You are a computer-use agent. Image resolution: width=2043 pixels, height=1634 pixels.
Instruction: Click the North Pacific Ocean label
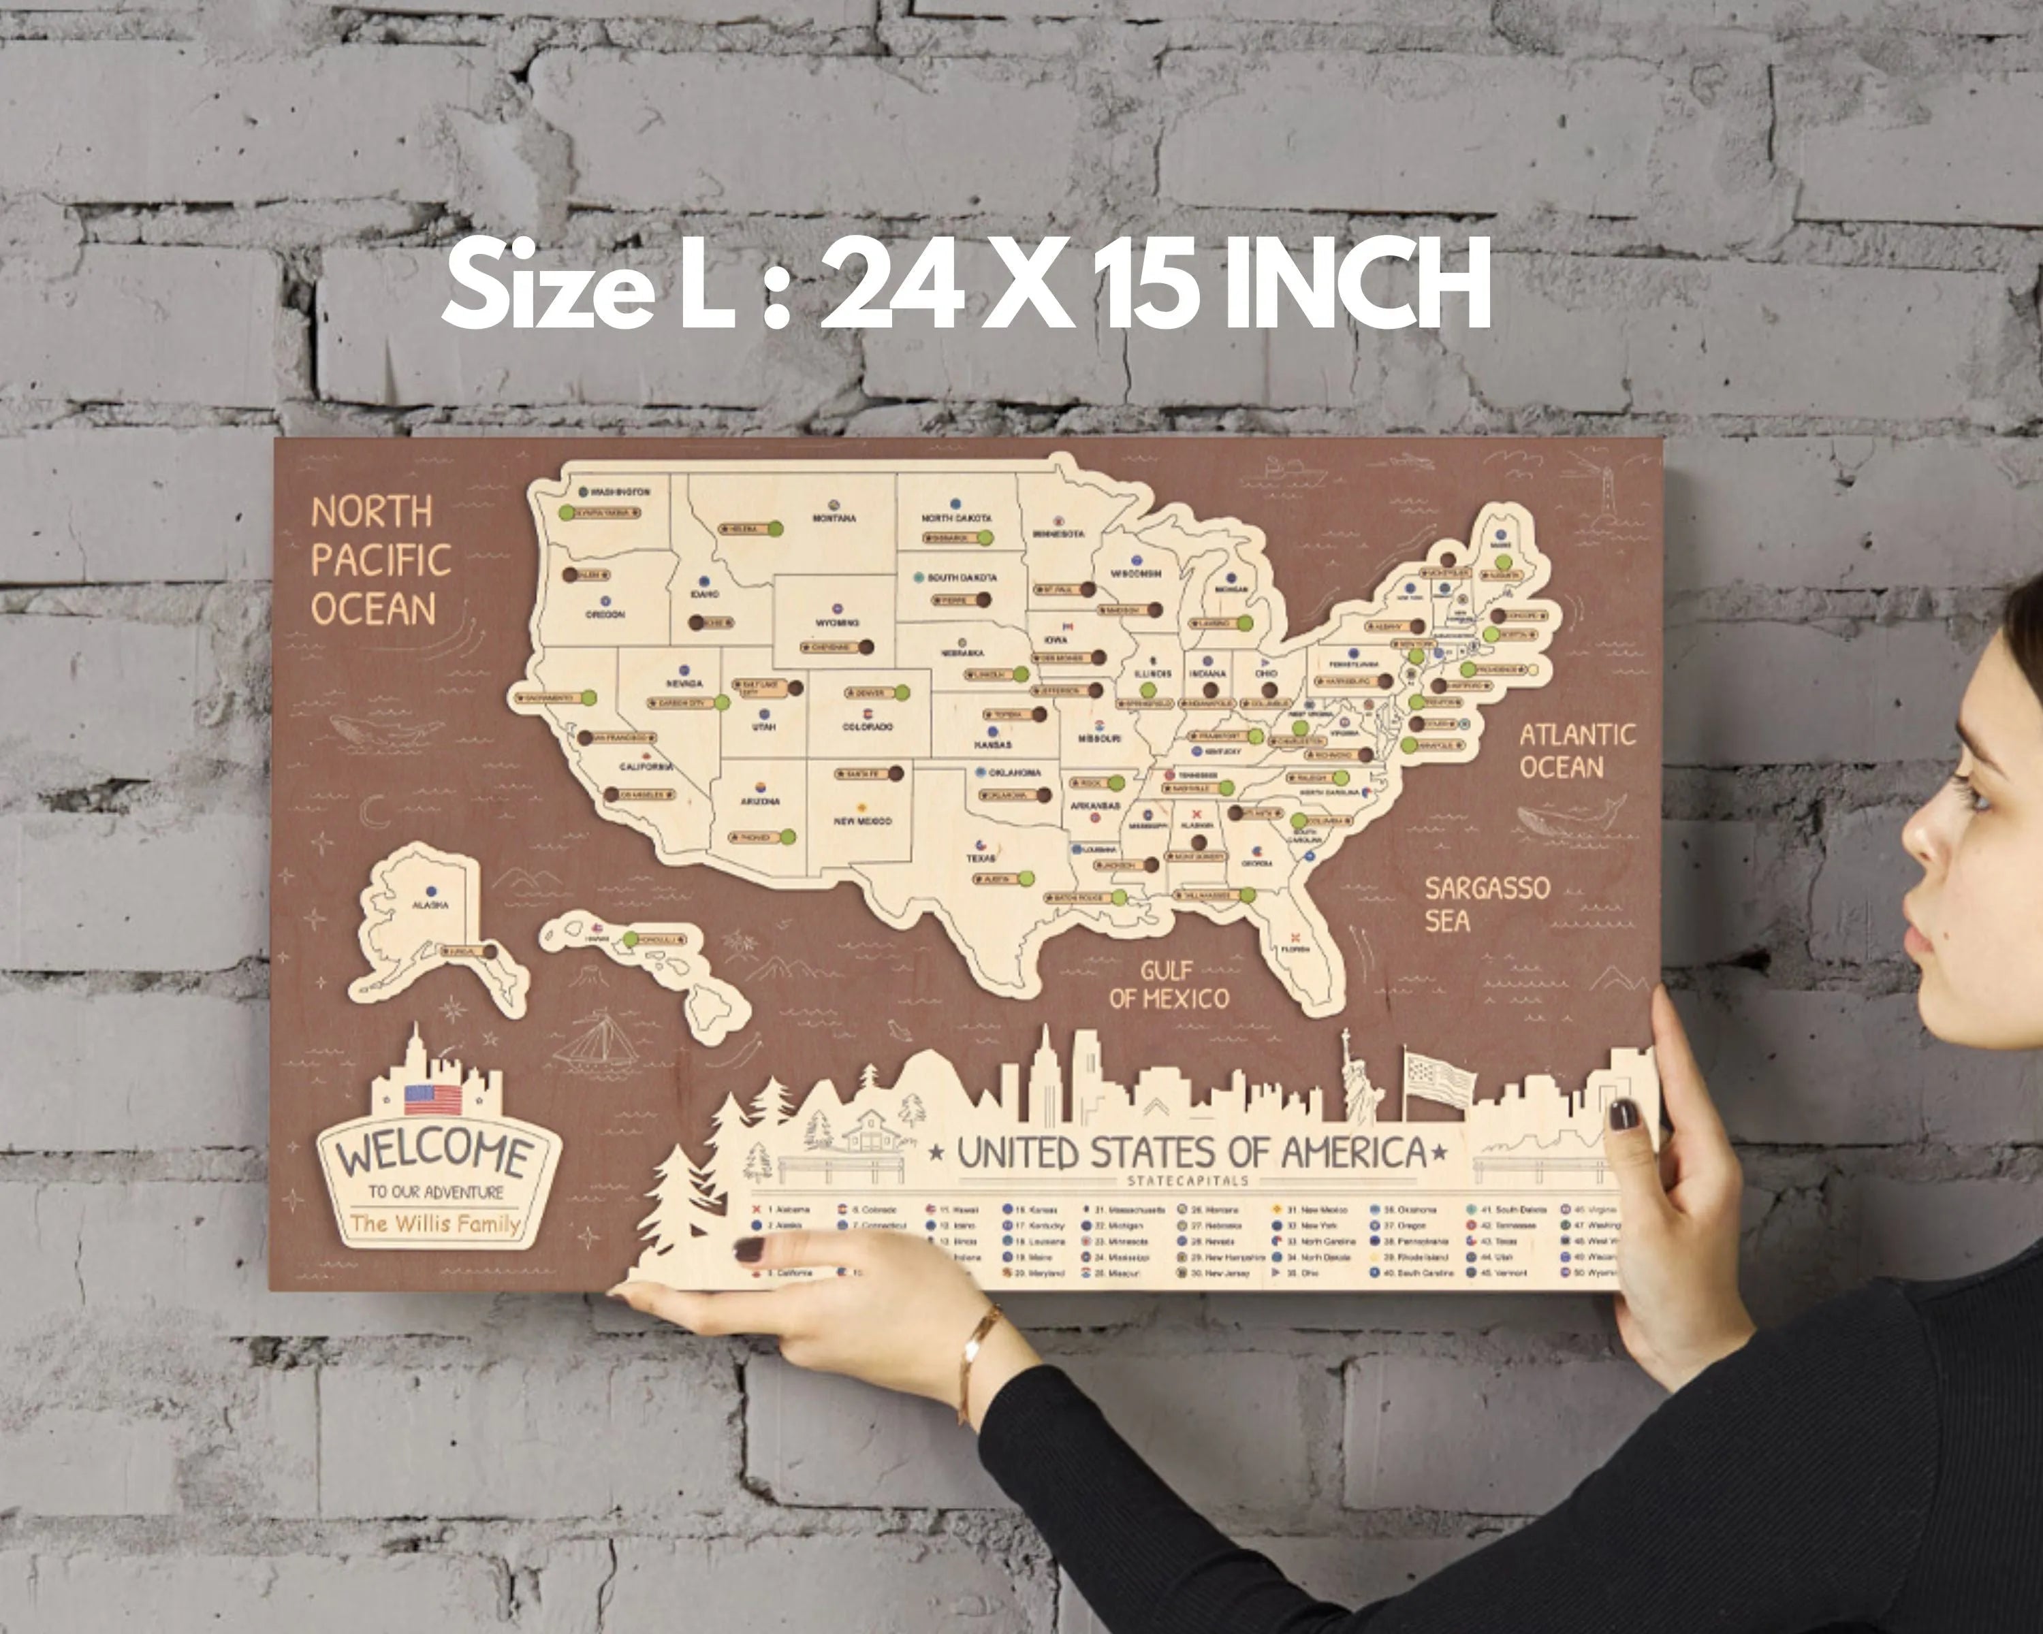(x=380, y=561)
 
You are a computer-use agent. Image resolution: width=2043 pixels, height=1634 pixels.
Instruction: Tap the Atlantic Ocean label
(x=1577, y=750)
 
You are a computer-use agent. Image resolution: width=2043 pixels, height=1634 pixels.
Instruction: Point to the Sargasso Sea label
(x=1486, y=903)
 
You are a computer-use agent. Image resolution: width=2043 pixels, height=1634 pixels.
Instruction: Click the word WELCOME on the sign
(x=435, y=1152)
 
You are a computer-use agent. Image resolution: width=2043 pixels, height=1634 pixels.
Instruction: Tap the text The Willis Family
(x=435, y=1223)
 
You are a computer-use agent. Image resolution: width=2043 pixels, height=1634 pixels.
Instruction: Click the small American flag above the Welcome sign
(x=433, y=1099)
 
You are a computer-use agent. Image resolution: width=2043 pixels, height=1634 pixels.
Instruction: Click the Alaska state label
(x=430, y=906)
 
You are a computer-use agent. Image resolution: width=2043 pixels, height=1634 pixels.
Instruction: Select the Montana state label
(x=834, y=518)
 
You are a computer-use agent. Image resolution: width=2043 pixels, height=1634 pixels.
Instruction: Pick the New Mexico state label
(x=862, y=821)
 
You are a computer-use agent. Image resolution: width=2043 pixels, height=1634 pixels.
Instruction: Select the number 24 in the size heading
(x=891, y=283)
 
